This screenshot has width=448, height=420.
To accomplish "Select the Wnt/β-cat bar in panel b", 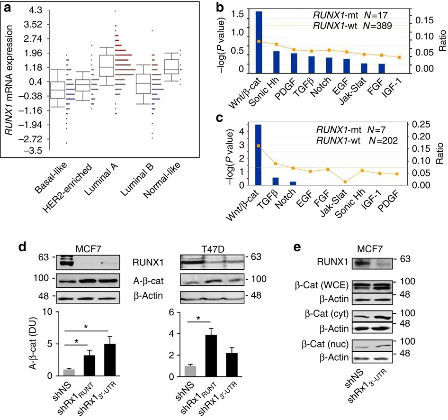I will point(259,43).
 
